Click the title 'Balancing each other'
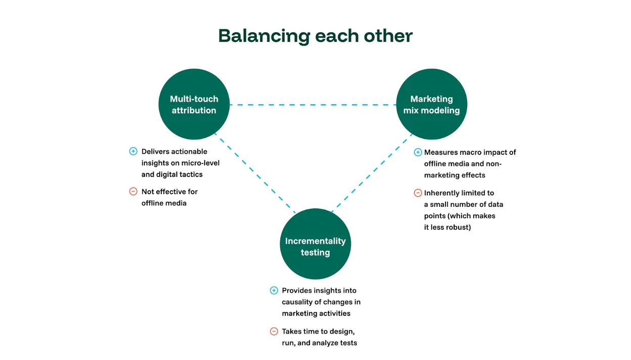tap(315, 36)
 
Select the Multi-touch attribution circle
tap(194, 104)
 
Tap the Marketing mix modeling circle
tap(431, 104)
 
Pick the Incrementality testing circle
tap(315, 244)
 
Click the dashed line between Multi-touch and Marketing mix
tap(312, 105)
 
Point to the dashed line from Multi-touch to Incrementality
tap(255, 172)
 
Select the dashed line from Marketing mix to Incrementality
tap(372, 172)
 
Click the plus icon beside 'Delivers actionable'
tap(133, 151)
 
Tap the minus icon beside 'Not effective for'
tap(133, 192)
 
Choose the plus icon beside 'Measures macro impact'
tap(418, 152)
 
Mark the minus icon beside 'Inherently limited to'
tap(418, 193)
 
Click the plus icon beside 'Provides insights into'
tap(274, 290)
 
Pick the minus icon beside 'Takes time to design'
tap(274, 331)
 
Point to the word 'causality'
tap(298, 302)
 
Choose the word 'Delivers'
tap(156, 151)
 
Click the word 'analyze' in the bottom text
tap(326, 343)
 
